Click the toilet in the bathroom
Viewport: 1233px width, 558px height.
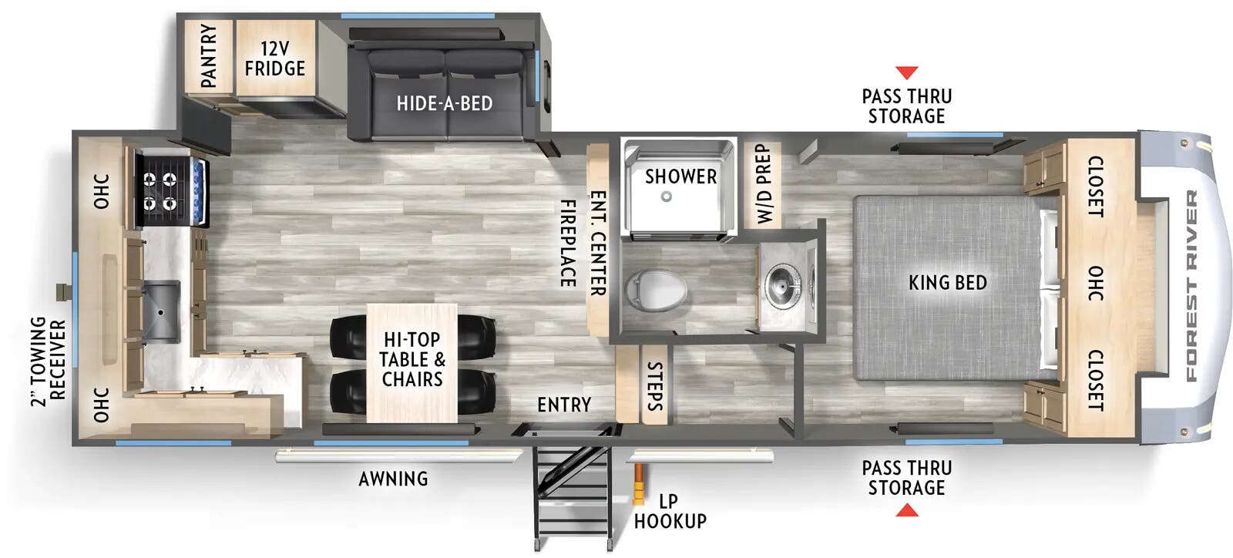pyautogui.click(x=655, y=289)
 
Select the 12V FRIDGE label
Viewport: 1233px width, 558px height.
pyautogui.click(x=274, y=59)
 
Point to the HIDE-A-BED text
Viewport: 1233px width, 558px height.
pyautogui.click(x=445, y=103)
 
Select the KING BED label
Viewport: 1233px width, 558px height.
pyautogui.click(x=947, y=282)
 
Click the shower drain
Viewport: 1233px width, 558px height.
pyautogui.click(x=666, y=197)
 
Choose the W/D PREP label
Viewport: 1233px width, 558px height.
pyautogui.click(x=763, y=184)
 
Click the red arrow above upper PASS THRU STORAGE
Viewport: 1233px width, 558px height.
pyautogui.click(x=906, y=72)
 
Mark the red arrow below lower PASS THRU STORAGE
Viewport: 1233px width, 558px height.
pyautogui.click(x=906, y=510)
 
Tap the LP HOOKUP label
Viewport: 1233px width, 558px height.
pyautogui.click(x=669, y=511)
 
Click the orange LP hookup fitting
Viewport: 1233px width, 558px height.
pyautogui.click(x=638, y=486)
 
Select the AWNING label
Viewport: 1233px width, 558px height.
pyautogui.click(x=393, y=479)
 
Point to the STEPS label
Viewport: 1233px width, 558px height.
pyautogui.click(x=654, y=385)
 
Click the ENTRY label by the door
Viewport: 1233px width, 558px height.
pyautogui.click(x=564, y=405)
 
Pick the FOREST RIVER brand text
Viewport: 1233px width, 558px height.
pyautogui.click(x=1191, y=286)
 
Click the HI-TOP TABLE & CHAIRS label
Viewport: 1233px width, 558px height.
pyautogui.click(x=412, y=359)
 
